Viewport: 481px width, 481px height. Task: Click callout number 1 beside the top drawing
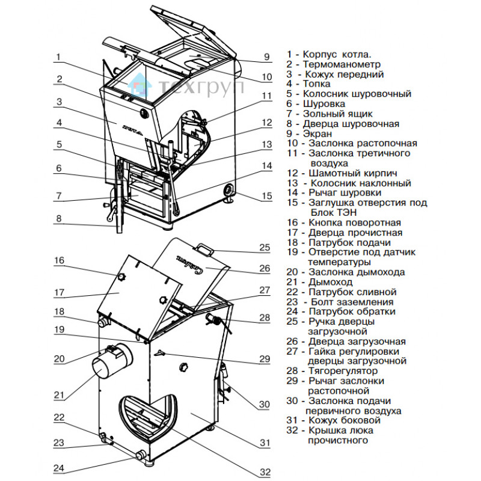click(x=58, y=58)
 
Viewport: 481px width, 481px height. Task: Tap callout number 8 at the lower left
click(x=58, y=219)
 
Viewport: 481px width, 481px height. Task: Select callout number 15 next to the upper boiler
click(x=267, y=196)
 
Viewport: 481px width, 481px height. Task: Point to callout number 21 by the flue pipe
click(x=58, y=395)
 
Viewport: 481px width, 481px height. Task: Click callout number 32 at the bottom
click(x=265, y=473)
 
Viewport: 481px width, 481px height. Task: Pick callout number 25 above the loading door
click(x=265, y=247)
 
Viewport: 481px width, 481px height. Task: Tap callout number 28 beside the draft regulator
click(x=265, y=317)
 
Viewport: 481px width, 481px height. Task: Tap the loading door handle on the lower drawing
click(x=203, y=247)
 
